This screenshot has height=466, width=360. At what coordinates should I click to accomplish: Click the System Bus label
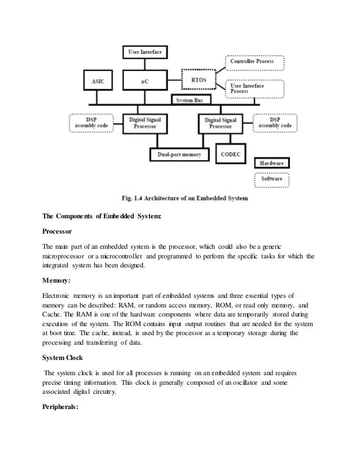[x=191, y=100]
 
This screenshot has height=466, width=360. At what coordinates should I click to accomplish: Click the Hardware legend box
[x=272, y=163]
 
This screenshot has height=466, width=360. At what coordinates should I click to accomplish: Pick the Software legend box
[x=272, y=180]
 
